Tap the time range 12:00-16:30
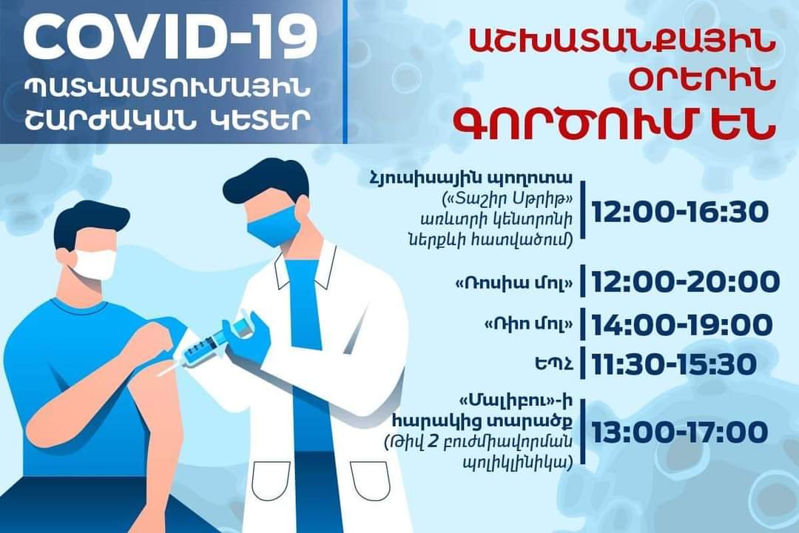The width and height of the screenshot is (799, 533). click(x=680, y=211)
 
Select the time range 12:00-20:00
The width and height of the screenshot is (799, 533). click(x=685, y=282)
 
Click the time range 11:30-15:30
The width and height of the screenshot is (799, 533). click(x=674, y=364)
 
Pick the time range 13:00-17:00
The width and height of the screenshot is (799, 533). click(x=680, y=432)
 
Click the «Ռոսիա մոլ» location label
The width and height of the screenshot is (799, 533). click(x=513, y=284)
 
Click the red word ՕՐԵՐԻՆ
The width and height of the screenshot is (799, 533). click(x=702, y=82)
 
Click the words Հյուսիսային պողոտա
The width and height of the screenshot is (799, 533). click(x=471, y=180)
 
